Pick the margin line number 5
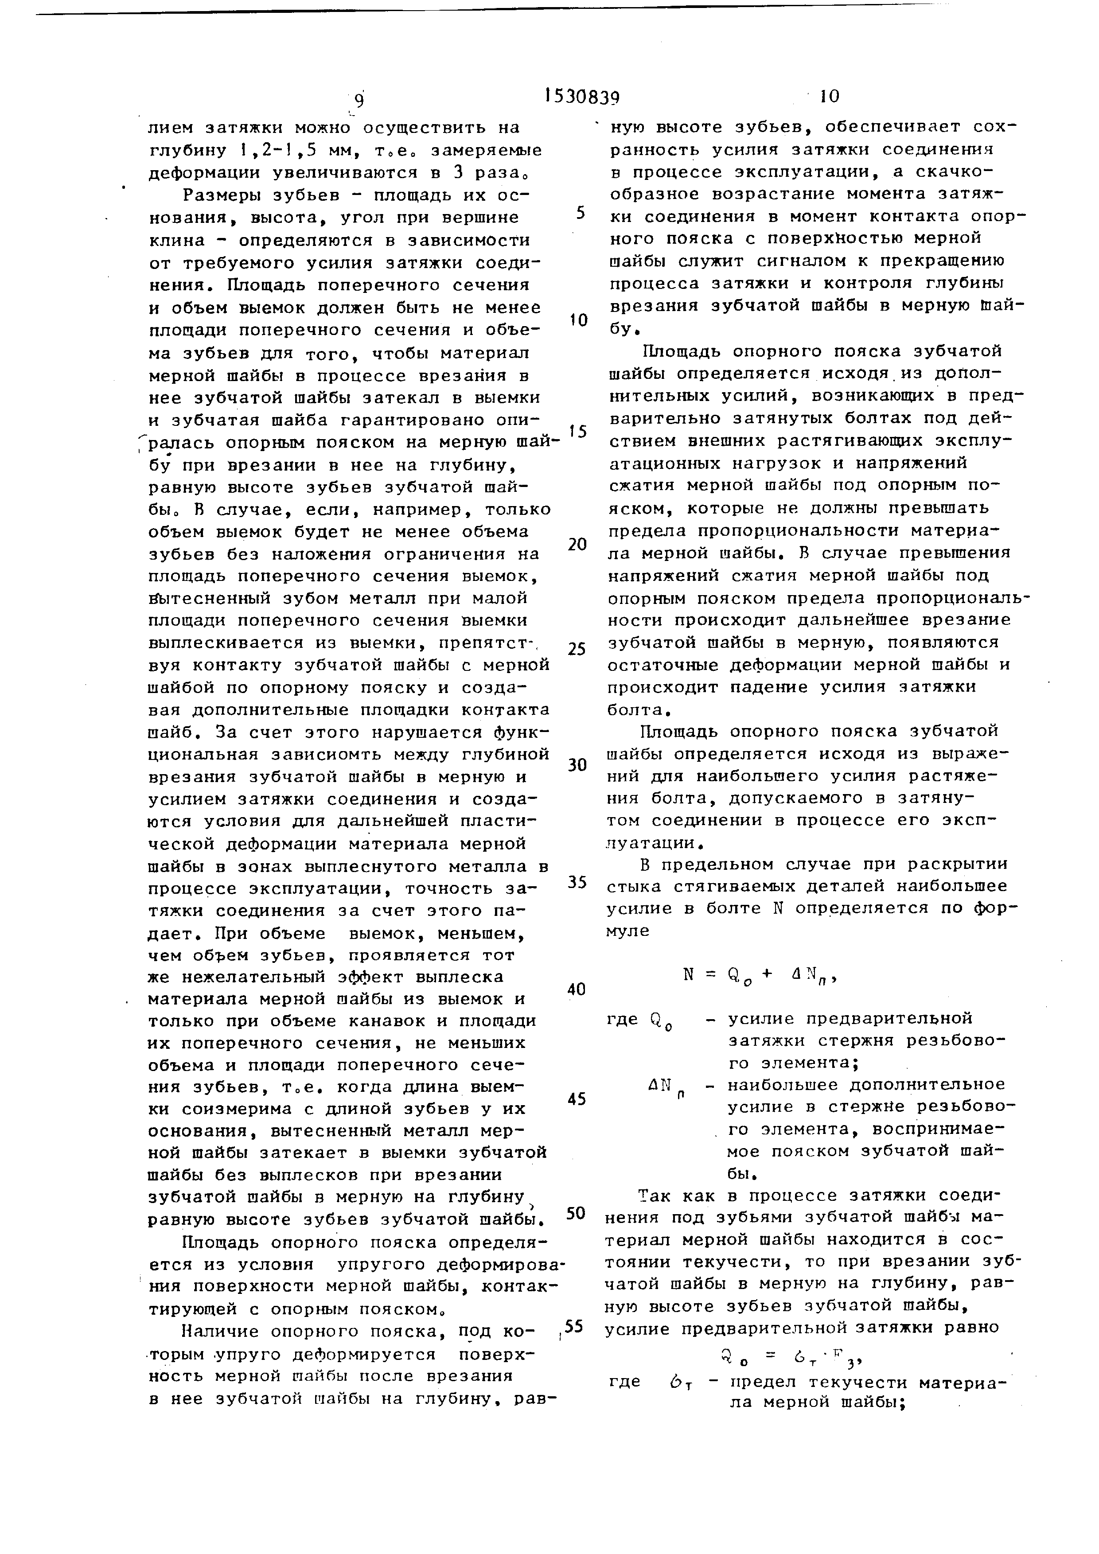click(x=580, y=213)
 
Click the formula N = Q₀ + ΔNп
click(x=761, y=975)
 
